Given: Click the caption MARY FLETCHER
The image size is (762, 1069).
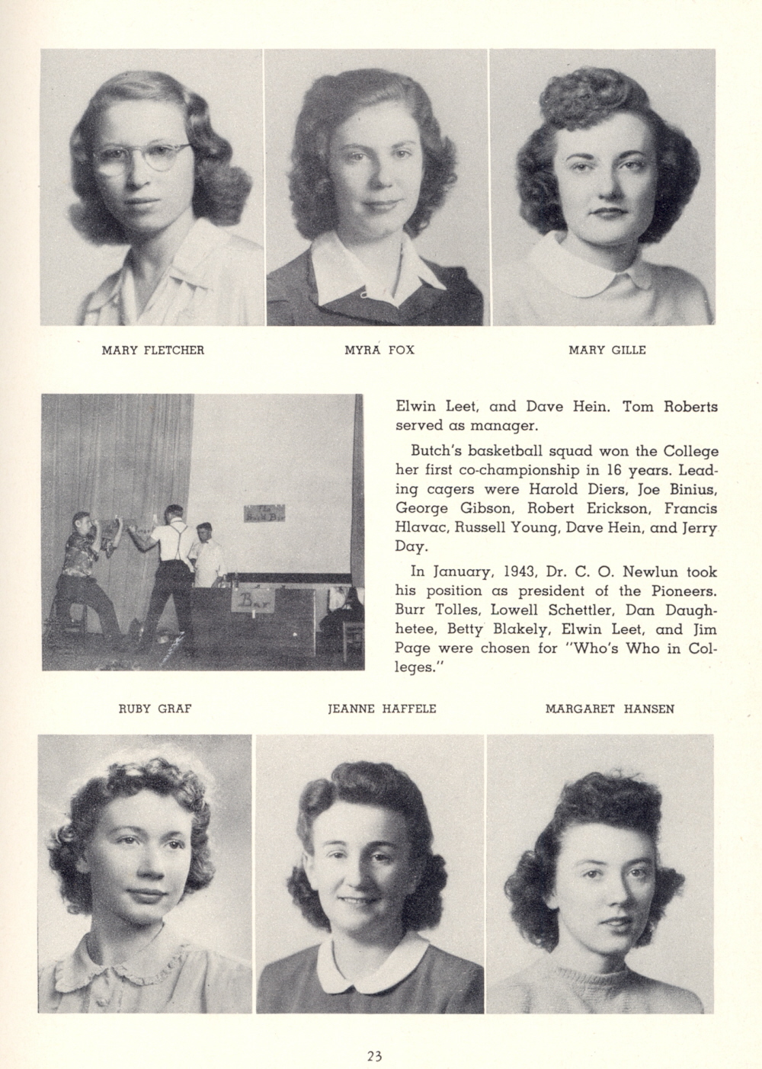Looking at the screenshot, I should (x=153, y=350).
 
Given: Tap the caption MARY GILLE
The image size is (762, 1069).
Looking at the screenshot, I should (x=607, y=350).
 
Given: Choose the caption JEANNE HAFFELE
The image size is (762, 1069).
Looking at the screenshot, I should (x=382, y=709).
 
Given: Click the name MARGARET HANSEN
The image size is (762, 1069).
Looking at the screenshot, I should (x=610, y=709).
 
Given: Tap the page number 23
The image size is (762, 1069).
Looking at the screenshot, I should (x=373, y=1056).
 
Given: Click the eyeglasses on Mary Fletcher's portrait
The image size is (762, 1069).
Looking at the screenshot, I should (x=141, y=157).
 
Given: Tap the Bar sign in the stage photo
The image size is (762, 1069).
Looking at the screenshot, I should (x=249, y=603).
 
